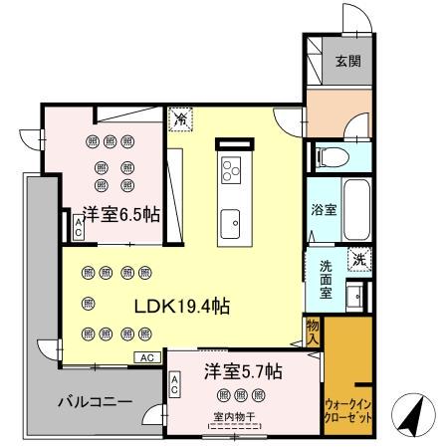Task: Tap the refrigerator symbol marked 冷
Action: [x=181, y=119]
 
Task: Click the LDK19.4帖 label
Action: [x=177, y=306]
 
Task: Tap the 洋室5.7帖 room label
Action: [x=244, y=371]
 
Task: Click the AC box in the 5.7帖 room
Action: [x=175, y=384]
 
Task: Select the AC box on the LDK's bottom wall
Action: [x=145, y=356]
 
